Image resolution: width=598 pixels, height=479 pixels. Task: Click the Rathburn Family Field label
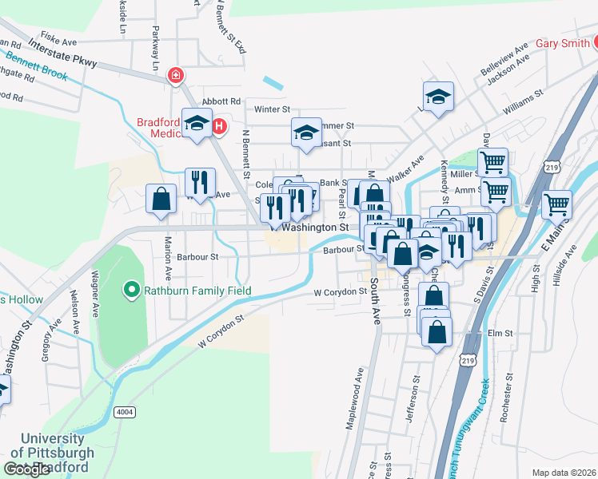click(x=197, y=291)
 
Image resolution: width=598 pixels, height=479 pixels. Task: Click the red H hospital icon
click(x=216, y=125)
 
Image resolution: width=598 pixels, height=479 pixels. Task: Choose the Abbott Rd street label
click(x=221, y=101)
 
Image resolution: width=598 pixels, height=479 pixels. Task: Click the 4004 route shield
click(x=124, y=412)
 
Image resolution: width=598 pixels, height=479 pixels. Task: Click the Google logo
click(x=27, y=469)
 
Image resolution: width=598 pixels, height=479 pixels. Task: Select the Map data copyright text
click(x=564, y=473)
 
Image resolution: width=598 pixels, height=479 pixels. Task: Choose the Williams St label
click(x=523, y=102)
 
